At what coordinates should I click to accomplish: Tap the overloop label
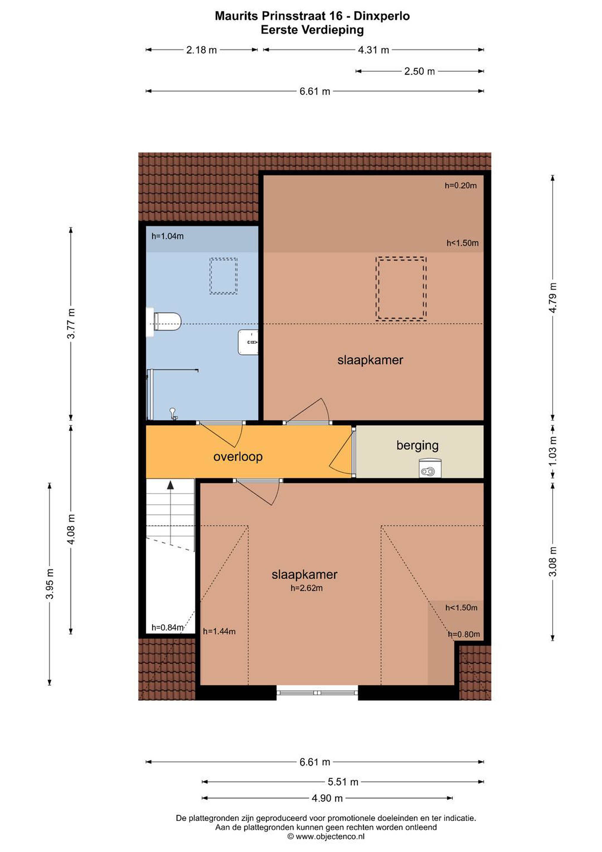[238, 456]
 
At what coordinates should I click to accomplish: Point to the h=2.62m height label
[306, 588]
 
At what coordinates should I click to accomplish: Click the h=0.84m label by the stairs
[167, 627]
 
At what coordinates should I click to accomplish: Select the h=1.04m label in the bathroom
[167, 236]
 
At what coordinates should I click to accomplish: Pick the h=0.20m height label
[461, 185]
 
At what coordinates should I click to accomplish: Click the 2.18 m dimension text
[201, 50]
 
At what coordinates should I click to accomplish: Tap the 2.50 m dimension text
[420, 71]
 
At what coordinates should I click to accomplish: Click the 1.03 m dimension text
[553, 451]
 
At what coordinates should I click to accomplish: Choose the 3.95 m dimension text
[50, 584]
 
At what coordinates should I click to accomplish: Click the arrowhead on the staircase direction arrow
[170, 484]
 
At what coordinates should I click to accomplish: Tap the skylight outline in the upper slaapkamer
[401, 288]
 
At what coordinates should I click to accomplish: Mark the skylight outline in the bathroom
[224, 276]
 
